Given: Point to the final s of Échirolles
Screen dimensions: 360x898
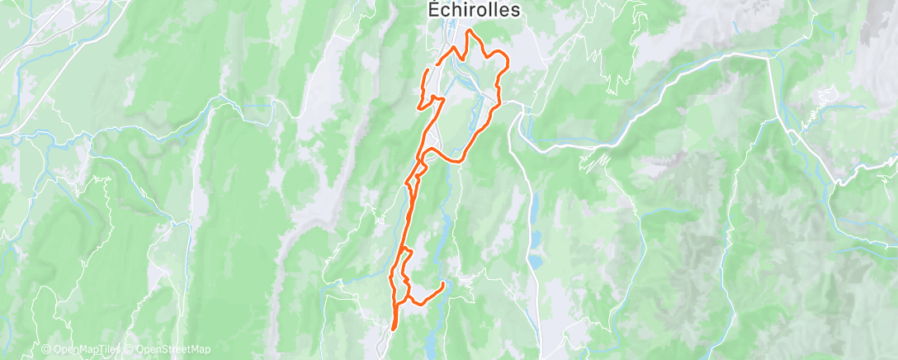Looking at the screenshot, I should pyautogui.click(x=517, y=10).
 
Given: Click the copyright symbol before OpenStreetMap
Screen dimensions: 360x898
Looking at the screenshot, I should pyautogui.click(x=128, y=350).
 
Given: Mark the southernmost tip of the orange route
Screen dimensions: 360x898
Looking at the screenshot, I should pyautogui.click(x=392, y=328).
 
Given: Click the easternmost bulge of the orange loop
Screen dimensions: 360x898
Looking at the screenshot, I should pyautogui.click(x=507, y=63).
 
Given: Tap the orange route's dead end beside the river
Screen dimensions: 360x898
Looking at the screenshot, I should pyautogui.click(x=443, y=285).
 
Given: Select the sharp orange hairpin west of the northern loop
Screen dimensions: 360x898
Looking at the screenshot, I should pyautogui.click(x=419, y=106).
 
